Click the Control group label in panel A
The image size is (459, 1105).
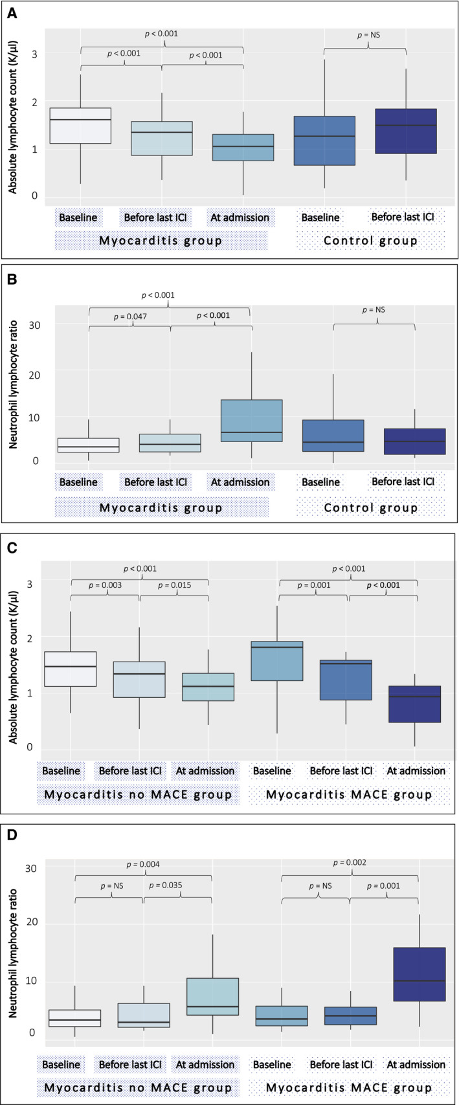(x=370, y=241)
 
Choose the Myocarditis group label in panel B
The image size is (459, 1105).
(x=161, y=508)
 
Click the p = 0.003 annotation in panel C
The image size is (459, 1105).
(x=105, y=585)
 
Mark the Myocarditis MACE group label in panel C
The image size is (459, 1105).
(x=349, y=794)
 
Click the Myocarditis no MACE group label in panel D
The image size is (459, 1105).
(x=138, y=1088)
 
